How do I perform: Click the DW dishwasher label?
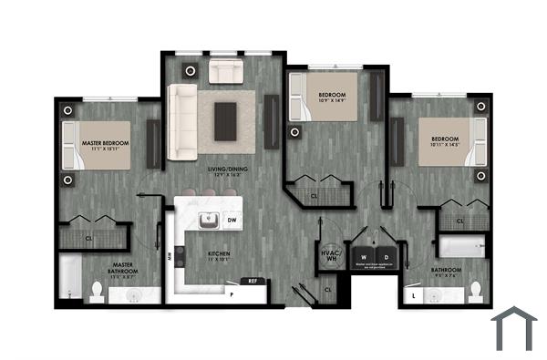coord(232,221)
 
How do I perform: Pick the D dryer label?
coord(385,257)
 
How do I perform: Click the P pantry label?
coord(232,296)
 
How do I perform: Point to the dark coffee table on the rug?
coord(225,116)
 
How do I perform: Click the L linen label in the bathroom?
coord(416,296)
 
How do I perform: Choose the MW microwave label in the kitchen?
coord(170,258)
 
